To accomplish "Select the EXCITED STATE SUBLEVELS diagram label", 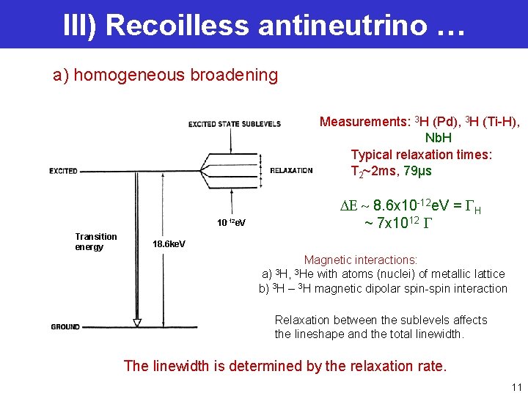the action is (235, 124).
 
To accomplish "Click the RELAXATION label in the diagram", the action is (291, 171).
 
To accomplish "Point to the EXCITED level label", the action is (63, 171).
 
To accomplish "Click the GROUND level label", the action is (65, 326).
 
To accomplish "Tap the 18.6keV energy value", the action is (169, 243).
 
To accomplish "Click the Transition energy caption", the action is (95, 241).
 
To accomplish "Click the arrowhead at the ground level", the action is (136, 323).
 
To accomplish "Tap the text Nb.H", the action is (439, 138).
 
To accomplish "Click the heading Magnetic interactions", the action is (361, 260).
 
